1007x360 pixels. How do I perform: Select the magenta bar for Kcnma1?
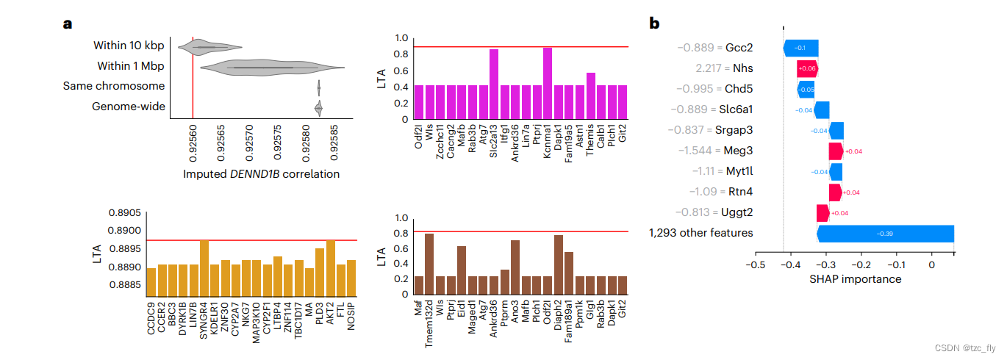pos(548,83)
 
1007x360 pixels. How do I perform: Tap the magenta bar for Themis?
pos(590,96)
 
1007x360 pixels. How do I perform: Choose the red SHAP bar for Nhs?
pos(808,69)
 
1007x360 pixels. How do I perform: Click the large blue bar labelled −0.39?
pos(885,234)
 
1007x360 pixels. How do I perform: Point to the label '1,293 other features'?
pos(700,233)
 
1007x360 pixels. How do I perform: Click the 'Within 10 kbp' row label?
pos(129,46)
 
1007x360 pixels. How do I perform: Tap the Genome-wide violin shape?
pos(318,109)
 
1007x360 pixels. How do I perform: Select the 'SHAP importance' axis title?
pos(855,279)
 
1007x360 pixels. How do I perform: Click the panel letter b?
pos(655,24)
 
